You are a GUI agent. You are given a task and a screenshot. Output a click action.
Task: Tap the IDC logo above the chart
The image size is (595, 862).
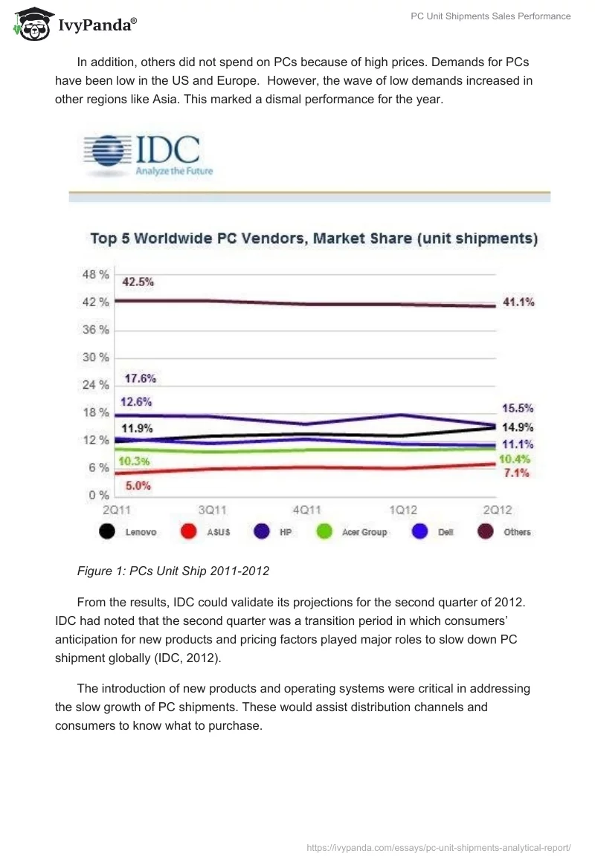[x=144, y=155]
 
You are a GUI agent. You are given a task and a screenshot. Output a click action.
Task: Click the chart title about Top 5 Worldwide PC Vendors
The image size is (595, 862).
[x=314, y=239]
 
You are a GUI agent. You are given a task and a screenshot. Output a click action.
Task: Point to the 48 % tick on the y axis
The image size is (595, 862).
[x=94, y=274]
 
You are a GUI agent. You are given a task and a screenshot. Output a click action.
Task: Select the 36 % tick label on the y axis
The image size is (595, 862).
[x=94, y=329]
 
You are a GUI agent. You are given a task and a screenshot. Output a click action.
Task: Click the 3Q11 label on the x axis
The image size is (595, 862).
[x=211, y=511]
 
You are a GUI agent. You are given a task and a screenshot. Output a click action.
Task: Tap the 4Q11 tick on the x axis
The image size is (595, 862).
[x=306, y=511]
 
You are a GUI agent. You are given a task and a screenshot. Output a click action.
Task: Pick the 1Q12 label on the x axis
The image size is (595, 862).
[x=402, y=511]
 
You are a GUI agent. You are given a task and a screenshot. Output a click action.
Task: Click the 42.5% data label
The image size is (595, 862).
[x=138, y=282]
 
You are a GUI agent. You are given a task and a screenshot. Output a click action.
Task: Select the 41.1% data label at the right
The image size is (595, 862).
[x=518, y=302]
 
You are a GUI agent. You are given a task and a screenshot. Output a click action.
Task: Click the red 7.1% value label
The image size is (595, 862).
[x=515, y=473]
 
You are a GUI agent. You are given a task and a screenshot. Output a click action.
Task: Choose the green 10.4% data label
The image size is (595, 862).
[x=515, y=459]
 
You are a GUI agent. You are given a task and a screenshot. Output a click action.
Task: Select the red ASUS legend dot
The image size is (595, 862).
[x=188, y=532]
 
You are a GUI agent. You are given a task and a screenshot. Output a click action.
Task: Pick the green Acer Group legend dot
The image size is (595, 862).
[x=324, y=532]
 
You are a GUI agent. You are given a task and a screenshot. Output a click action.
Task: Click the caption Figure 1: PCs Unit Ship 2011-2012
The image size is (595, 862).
[x=173, y=571]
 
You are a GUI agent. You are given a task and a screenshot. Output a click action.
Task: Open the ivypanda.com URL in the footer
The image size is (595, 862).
[x=439, y=846]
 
